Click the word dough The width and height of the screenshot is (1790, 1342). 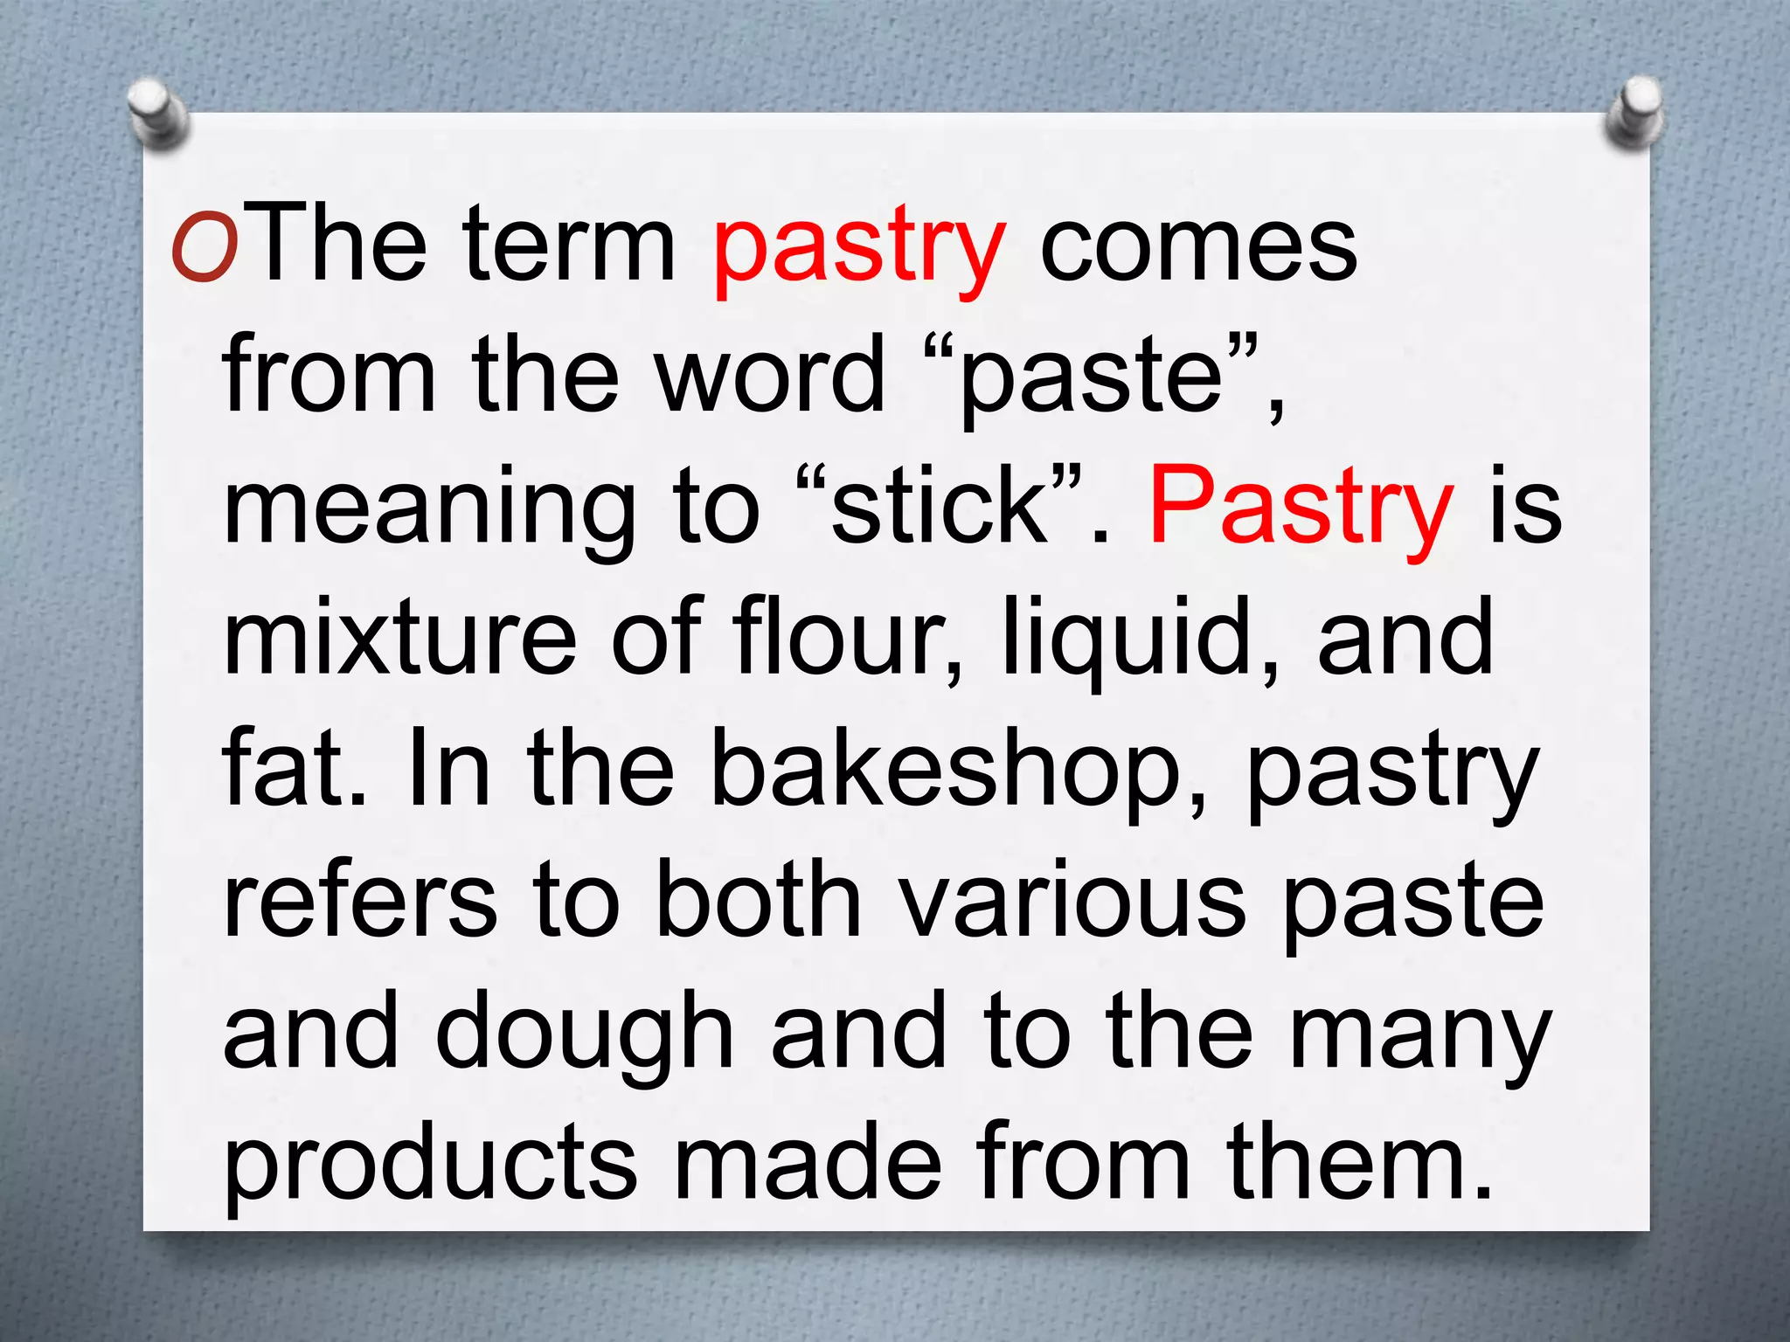click(x=584, y=1035)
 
